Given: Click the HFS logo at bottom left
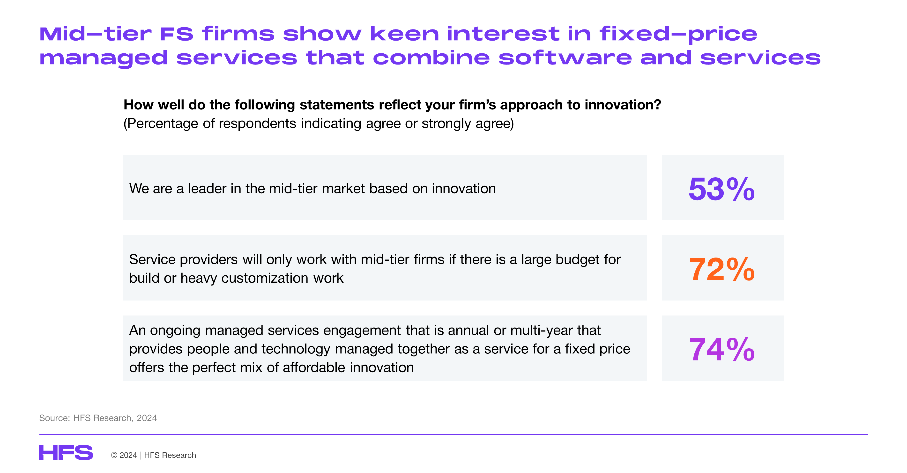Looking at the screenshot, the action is (x=66, y=453).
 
